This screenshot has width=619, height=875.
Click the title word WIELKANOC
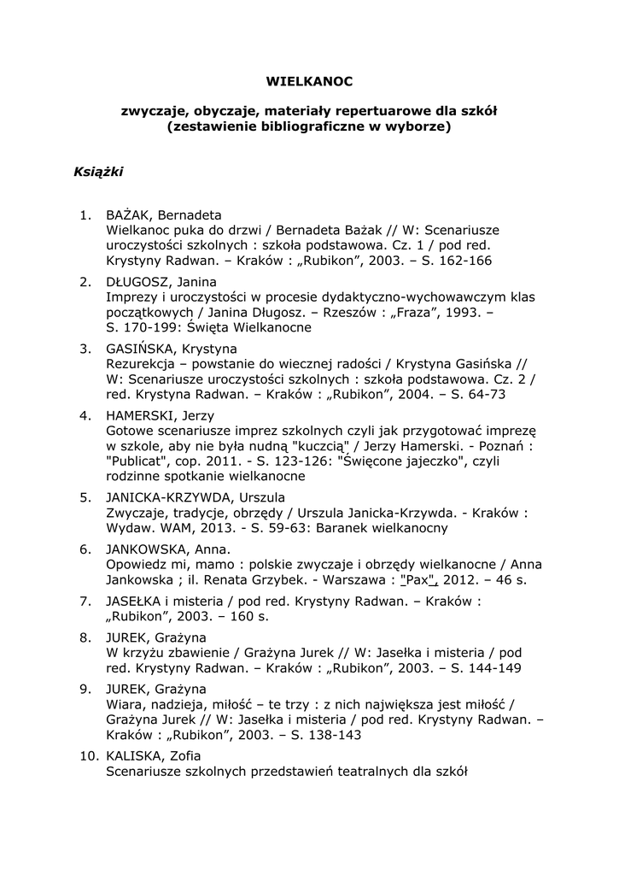[309, 82]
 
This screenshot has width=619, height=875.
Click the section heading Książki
[98, 173]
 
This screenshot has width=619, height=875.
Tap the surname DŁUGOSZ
[137, 281]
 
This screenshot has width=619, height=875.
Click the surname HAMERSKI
[139, 415]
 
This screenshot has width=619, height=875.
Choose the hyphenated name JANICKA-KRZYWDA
[171, 496]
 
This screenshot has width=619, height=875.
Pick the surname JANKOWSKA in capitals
[146, 549]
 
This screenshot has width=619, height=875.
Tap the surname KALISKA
[135, 756]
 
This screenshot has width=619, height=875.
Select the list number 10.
[89, 756]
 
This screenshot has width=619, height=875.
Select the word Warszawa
[357, 580]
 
